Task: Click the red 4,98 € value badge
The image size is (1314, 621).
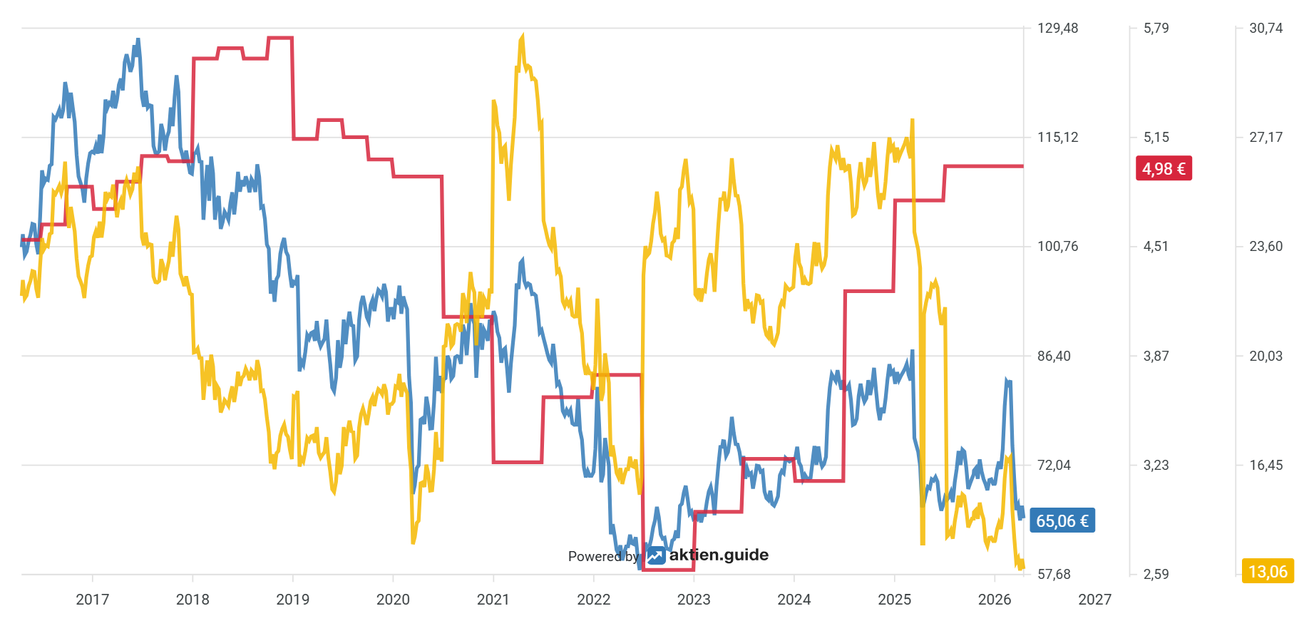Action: (1163, 169)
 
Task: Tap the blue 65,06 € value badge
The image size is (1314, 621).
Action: (1062, 521)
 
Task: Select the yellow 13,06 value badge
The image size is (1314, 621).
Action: (1268, 572)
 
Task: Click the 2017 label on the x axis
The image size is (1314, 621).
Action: (93, 600)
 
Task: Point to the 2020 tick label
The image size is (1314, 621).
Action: (393, 600)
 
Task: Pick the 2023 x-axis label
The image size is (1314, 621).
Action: (694, 600)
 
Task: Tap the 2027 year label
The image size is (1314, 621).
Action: (1094, 600)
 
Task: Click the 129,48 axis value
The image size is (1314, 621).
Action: (1057, 29)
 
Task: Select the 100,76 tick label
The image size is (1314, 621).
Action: (1057, 247)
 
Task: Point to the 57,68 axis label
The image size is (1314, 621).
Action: (1054, 575)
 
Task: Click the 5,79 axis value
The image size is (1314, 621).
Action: (1156, 29)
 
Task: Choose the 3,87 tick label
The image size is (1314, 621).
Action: (1156, 356)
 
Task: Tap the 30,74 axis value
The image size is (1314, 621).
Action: (1266, 29)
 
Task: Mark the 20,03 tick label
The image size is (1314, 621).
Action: (1266, 356)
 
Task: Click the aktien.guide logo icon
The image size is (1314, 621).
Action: (656, 555)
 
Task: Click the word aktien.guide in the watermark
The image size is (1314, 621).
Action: (719, 555)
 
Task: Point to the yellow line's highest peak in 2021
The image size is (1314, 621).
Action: (523, 36)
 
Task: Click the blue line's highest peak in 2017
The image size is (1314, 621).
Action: (138, 40)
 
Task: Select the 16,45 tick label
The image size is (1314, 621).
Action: (1266, 466)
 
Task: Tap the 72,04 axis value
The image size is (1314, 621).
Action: (1054, 466)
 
